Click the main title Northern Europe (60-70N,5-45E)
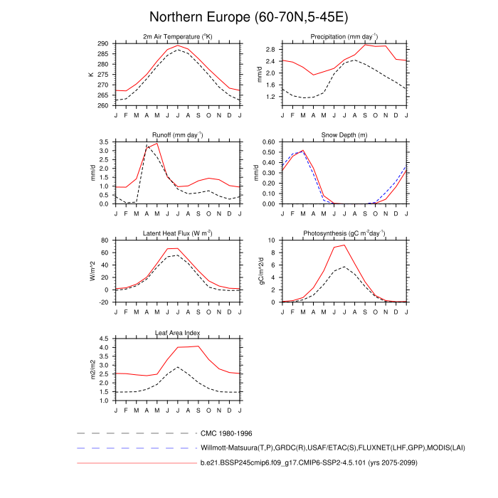(x=248, y=16)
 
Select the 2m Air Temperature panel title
(x=178, y=36)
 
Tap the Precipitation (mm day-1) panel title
(x=344, y=36)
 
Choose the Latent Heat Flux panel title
(x=178, y=233)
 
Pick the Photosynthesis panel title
(x=344, y=233)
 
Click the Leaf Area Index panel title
(x=178, y=332)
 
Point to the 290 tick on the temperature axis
(x=103, y=43)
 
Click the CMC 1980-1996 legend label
(x=227, y=433)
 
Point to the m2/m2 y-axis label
(x=92, y=370)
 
